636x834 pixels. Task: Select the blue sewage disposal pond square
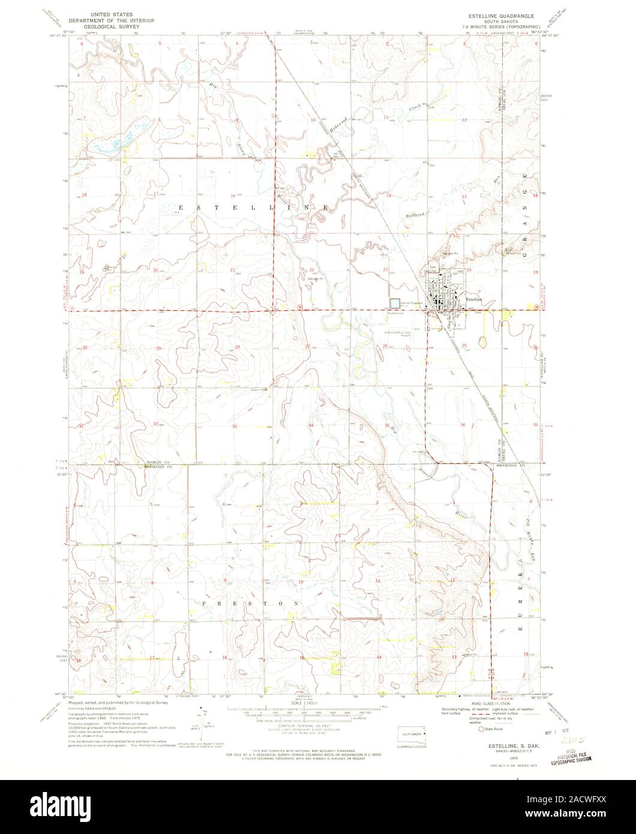tap(395, 304)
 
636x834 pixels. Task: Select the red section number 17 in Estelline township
tap(155, 194)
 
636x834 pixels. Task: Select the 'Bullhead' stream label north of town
tap(414, 214)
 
